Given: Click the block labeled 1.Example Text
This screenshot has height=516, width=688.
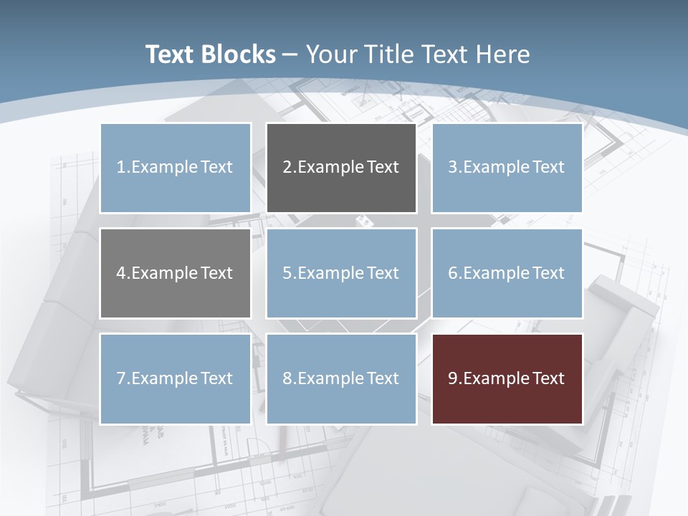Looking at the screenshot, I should click(176, 168).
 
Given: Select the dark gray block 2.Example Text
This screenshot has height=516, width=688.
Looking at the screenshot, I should click(341, 168).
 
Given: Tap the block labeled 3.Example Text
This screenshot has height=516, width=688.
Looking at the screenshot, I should click(507, 168).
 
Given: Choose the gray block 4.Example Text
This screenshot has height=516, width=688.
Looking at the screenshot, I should click(176, 273).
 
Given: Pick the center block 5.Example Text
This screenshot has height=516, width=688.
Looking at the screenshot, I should click(341, 273).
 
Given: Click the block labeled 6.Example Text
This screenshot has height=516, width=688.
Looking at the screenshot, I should click(507, 273).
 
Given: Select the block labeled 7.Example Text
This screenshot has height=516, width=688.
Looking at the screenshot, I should click(176, 378).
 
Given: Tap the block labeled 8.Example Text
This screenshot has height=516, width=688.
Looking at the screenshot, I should click(341, 378).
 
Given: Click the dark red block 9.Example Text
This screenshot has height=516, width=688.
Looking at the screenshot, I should click(507, 378).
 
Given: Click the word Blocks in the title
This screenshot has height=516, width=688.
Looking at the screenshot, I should click(240, 54).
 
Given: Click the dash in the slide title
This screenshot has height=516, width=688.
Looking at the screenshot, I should click(290, 54).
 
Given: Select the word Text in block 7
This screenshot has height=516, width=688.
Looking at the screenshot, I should click(216, 378).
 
